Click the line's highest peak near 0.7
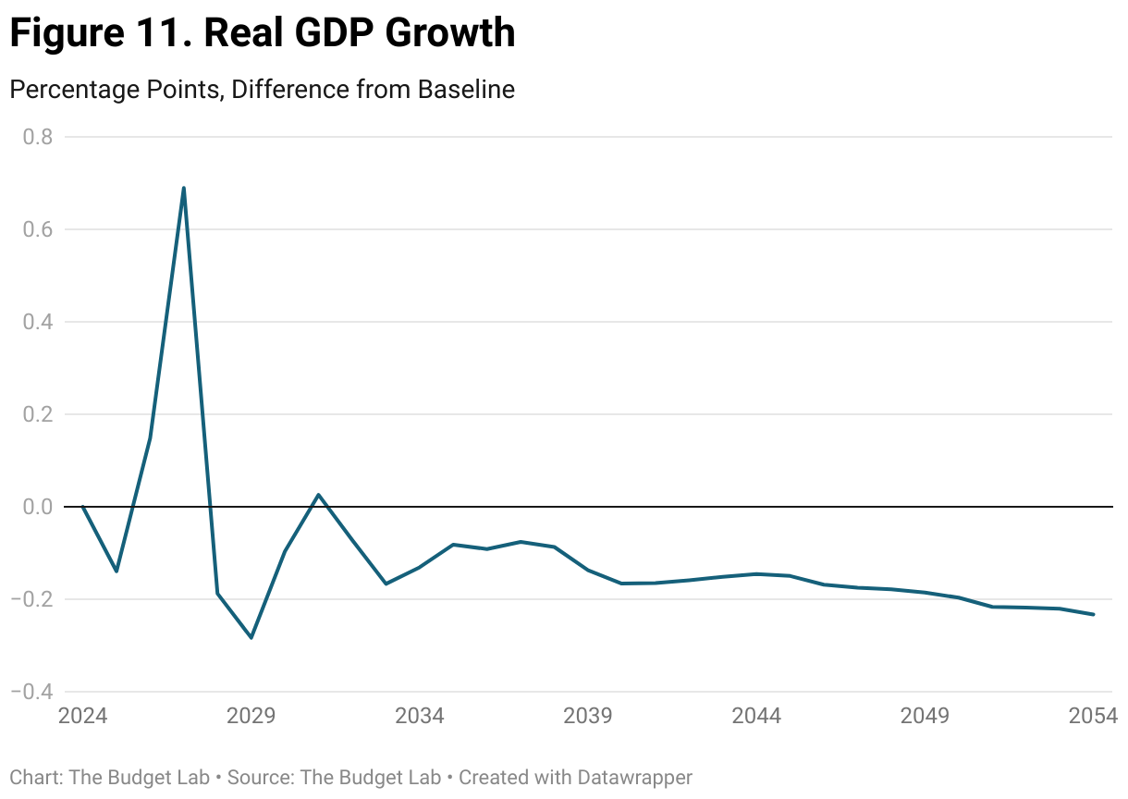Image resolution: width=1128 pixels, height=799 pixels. tap(184, 188)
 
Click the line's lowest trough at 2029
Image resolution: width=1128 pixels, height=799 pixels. tap(251, 637)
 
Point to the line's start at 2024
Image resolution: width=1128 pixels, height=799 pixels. tap(83, 507)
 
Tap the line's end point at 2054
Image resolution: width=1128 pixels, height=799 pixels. tap(1094, 614)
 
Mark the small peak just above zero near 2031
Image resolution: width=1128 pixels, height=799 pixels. tap(318, 495)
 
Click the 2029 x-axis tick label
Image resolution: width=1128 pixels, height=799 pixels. tap(251, 717)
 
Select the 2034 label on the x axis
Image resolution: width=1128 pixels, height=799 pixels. tap(420, 717)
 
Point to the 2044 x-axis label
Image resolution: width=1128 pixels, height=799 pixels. tap(756, 717)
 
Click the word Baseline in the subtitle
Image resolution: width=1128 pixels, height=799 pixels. tap(466, 90)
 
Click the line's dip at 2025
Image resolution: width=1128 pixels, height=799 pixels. tap(116, 572)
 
